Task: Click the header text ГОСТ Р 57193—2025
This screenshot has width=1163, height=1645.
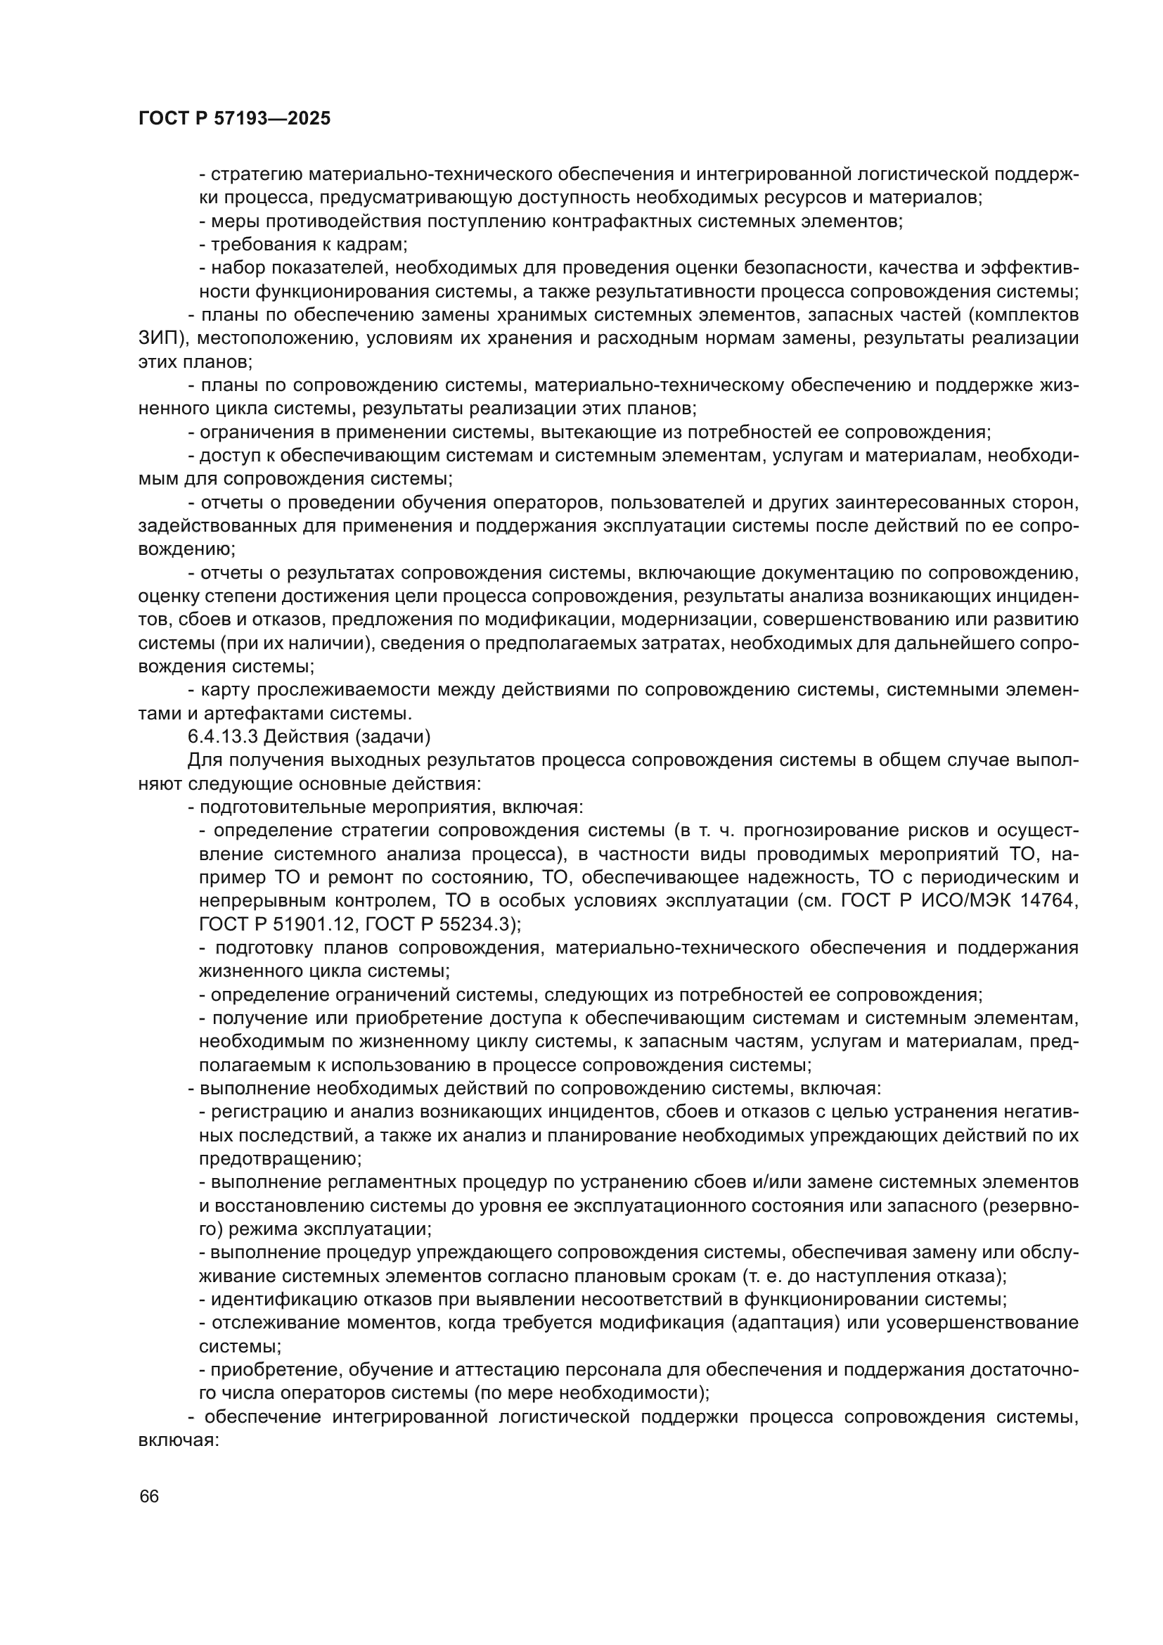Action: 234,119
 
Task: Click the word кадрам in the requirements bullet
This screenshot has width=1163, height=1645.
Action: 375,245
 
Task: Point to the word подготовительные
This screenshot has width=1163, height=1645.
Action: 284,807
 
